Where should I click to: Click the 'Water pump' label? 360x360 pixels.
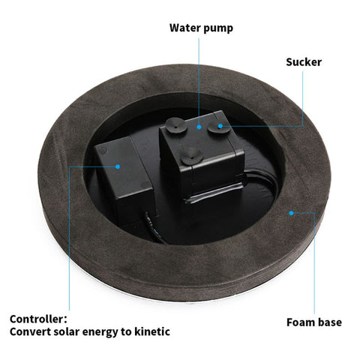tap(201, 28)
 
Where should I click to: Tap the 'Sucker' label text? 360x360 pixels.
tap(304, 62)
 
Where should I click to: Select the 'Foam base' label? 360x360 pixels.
tap(314, 322)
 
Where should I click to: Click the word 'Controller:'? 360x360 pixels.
tap(38, 319)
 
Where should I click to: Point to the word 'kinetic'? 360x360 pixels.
tap(152, 331)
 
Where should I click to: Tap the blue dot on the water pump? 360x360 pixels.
tap(199, 127)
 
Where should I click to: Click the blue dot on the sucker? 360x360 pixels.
tap(220, 126)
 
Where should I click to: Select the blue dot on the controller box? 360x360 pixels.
tap(118, 166)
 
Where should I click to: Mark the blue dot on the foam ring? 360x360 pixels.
tap(291, 213)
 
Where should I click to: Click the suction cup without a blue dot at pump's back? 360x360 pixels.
tap(176, 125)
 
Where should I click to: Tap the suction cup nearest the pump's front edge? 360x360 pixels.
tap(192, 157)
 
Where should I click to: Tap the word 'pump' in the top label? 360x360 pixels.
tap(217, 28)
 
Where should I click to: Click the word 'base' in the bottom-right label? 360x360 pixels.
tap(329, 322)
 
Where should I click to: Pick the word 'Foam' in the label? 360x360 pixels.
tap(300, 322)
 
